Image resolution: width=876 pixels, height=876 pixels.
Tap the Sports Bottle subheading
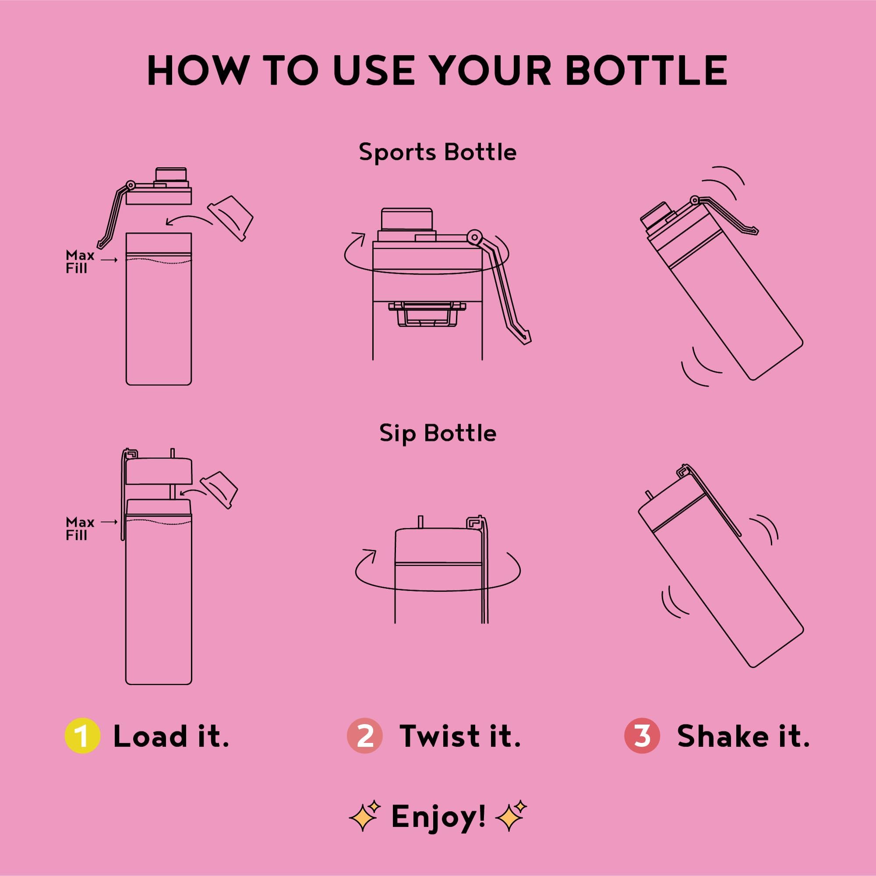tap(438, 152)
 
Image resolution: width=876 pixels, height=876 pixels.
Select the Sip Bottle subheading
tap(438, 433)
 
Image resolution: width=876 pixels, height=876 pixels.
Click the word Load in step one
tap(150, 736)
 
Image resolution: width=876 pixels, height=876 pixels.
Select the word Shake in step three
tap(723, 736)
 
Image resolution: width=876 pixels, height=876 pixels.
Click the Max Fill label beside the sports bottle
tap(80, 261)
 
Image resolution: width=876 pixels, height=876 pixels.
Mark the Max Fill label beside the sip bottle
tap(80, 529)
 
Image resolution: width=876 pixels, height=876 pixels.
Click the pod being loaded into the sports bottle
tap(230, 218)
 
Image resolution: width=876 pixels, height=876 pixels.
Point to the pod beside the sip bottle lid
tap(219, 490)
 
